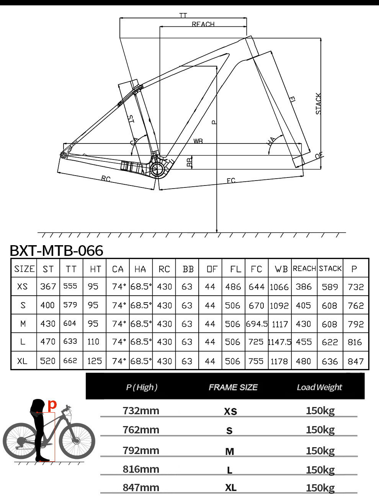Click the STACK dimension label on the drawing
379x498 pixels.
point(318,104)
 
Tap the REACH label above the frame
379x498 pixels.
point(203,24)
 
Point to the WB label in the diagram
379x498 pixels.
point(198,141)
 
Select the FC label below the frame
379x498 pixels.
point(231,181)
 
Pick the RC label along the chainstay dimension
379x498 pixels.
point(106,179)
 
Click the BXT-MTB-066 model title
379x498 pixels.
point(56,251)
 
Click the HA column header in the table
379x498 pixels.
point(140,269)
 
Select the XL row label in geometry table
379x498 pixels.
point(23,361)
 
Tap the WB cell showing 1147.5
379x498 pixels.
point(280,342)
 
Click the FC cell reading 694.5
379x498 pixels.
point(256,324)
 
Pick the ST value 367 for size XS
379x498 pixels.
point(48,286)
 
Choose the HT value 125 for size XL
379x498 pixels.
point(94,361)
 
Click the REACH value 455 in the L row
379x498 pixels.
point(304,342)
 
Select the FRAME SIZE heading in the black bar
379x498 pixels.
point(233,387)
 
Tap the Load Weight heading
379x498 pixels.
point(319,387)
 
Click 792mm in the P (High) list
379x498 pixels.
point(141,450)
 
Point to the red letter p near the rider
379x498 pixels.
point(52,404)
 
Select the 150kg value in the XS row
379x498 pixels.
point(320,410)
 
